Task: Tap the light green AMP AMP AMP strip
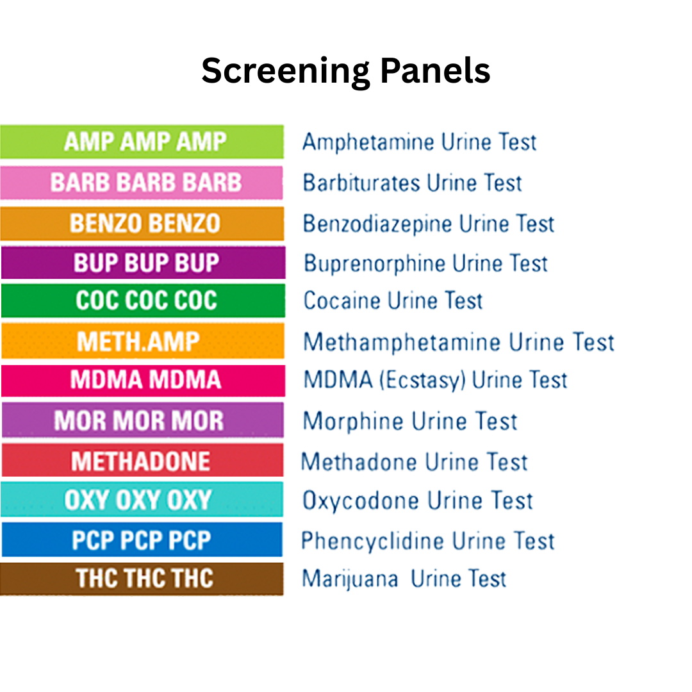142,142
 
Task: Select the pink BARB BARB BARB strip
142,183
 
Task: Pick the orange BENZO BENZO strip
142,223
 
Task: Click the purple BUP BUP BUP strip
142,263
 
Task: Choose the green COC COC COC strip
142,301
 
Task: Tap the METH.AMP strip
142,341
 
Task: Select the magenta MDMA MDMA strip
142,380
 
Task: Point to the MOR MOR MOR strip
142,420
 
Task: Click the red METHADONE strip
142,461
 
